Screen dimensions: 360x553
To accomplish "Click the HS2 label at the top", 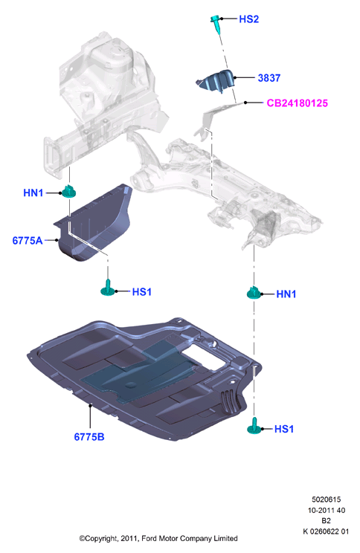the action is (x=249, y=19).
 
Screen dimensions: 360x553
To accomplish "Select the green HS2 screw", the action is (x=216, y=23).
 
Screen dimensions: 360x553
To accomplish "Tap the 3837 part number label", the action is (x=269, y=78).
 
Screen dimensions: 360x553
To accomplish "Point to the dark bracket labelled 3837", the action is (x=216, y=81).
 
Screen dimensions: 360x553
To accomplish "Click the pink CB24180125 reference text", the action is (x=298, y=103).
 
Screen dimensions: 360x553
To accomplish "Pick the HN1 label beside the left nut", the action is (x=33, y=193).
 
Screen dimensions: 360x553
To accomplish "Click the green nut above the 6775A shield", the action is (x=69, y=191).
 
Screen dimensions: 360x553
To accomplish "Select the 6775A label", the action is (x=28, y=241).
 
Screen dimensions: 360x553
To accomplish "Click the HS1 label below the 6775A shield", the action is (x=141, y=292).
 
